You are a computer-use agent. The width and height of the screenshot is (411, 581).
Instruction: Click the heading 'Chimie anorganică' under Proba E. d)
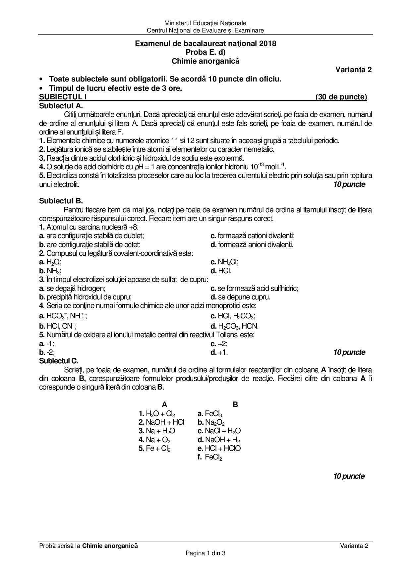pos(205,61)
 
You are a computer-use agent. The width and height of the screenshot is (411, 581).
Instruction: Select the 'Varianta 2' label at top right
pos(353,70)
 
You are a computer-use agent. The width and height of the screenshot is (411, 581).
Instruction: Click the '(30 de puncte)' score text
pos(341,97)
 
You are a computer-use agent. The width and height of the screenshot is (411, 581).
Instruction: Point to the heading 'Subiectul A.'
pos(61,106)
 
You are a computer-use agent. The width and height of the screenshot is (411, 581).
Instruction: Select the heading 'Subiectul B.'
pos(61,201)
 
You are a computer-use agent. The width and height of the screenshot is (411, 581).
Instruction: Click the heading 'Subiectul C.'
pos(58,361)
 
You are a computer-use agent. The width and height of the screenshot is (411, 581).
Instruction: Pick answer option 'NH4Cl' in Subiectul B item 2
pos(228,262)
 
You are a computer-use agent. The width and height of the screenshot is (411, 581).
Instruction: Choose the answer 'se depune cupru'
pos(244,297)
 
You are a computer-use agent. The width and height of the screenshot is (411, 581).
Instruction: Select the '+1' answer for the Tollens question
pos(223,352)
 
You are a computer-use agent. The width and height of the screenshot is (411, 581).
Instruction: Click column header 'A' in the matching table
pos(164,404)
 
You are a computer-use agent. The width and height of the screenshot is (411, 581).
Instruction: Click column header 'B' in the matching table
pos(235,404)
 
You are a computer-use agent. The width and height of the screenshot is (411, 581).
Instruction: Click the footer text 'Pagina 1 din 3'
pos(206,553)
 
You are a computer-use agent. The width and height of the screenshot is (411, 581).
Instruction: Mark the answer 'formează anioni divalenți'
pos(255,245)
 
